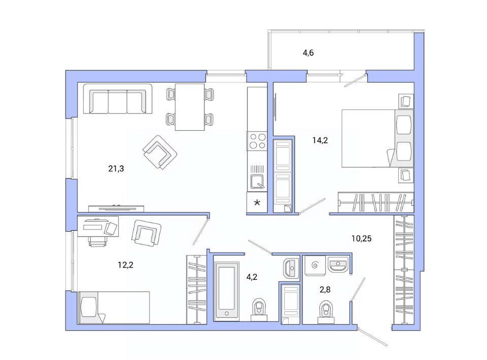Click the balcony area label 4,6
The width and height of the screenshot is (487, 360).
click(x=308, y=53)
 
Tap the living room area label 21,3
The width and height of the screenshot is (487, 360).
click(x=116, y=168)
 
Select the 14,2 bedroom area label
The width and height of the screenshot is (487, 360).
click(x=320, y=140)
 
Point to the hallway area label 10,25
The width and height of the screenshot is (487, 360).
click(x=362, y=239)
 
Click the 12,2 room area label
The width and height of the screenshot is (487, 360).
click(x=125, y=265)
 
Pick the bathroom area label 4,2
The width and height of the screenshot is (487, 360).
click(x=252, y=277)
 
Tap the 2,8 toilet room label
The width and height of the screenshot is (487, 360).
click(x=325, y=290)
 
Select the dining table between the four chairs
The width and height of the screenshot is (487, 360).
click(x=190, y=107)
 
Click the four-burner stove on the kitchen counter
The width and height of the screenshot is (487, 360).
click(x=257, y=141)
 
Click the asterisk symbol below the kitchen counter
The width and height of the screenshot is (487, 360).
click(x=257, y=203)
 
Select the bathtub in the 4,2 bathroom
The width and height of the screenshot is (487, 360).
click(x=227, y=290)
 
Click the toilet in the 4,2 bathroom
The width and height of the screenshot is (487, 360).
click(x=259, y=310)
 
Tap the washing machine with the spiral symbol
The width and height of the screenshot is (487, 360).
click(x=315, y=266)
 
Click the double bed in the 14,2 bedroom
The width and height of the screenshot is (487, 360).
click(x=377, y=138)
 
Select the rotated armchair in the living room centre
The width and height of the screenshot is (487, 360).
click(x=160, y=153)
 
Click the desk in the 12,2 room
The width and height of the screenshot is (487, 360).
click(x=98, y=226)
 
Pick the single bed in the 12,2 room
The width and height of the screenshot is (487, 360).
click(x=114, y=308)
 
